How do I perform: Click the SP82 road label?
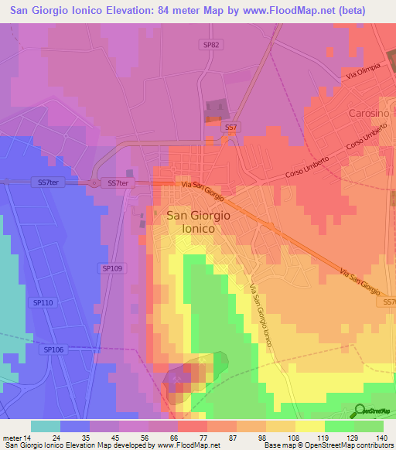pyautogui.click(x=212, y=46)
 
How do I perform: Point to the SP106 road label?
pyautogui.click(x=53, y=350)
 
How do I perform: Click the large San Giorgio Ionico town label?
pyautogui.click(x=196, y=223)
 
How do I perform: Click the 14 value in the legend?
pyautogui.click(x=30, y=436)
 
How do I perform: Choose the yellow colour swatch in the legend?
pyautogui.click(x=309, y=426)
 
